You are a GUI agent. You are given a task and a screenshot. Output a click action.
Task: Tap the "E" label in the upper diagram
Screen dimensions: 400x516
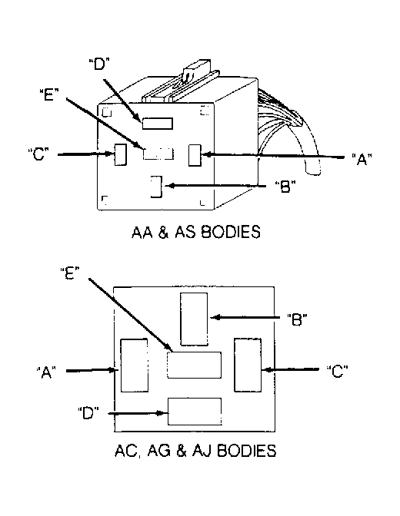pos(48,94)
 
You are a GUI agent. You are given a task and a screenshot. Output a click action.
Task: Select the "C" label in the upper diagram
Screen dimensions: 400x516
pos(38,154)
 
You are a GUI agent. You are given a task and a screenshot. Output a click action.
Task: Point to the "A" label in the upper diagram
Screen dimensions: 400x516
pos(362,159)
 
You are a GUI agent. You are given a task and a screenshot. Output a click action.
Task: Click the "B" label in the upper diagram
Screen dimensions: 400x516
pos(285,187)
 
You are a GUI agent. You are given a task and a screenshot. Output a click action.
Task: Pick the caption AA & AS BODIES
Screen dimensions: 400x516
pos(196,232)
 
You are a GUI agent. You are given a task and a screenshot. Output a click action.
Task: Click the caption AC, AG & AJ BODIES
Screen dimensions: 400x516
pos(195,451)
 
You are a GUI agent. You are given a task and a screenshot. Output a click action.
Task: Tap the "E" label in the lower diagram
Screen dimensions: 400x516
pos(70,273)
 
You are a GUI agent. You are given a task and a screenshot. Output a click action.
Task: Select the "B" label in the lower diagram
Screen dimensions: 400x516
pos(297,319)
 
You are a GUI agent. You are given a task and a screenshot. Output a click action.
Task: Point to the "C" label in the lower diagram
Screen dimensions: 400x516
pos(338,371)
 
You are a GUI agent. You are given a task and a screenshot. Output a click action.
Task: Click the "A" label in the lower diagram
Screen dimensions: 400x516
pos(46,372)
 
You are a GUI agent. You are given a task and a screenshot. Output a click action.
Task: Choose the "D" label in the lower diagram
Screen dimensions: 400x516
pos(88,412)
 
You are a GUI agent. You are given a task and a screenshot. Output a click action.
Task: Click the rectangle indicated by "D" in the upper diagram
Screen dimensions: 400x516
pos(158,124)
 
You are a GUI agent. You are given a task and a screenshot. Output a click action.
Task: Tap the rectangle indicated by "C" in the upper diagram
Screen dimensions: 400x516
pos(121,154)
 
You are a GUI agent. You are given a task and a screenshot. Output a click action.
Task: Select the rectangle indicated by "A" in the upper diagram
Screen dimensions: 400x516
pos(195,155)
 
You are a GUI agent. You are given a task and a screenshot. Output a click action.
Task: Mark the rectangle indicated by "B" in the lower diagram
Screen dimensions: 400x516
pos(194,319)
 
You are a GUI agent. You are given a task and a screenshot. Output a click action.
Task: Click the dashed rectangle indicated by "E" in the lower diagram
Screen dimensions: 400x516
pos(194,365)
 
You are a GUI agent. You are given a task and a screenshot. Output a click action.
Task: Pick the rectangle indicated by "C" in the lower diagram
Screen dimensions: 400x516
pos(248,365)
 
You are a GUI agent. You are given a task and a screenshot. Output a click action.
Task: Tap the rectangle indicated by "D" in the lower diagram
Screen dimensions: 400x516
pos(195,412)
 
